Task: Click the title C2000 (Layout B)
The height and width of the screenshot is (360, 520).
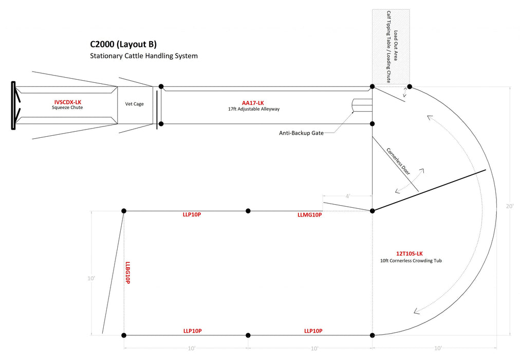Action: pos(123,44)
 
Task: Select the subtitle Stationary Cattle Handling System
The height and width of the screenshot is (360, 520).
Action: pos(144,56)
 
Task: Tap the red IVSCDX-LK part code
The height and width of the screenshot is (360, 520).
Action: pos(67,102)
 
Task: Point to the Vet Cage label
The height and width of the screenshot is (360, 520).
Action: pos(135,104)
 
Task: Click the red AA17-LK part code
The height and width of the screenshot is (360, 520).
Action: pos(253,103)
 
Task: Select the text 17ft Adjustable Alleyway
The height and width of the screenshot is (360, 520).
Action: pos(254,109)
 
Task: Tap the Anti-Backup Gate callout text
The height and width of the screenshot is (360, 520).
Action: pos(301,133)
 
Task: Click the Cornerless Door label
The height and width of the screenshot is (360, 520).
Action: pos(398,162)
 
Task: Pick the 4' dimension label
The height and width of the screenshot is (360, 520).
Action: pos(347,196)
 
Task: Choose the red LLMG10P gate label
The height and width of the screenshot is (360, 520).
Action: pos(309,215)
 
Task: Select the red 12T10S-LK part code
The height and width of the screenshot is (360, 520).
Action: pos(409,254)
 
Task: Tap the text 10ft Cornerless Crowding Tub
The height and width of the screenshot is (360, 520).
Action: pos(411,261)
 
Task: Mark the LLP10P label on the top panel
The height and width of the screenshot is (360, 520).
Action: pos(192,214)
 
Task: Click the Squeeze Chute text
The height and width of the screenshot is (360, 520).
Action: pos(67,108)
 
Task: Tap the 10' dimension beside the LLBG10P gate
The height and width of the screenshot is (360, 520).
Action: pos(91,278)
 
